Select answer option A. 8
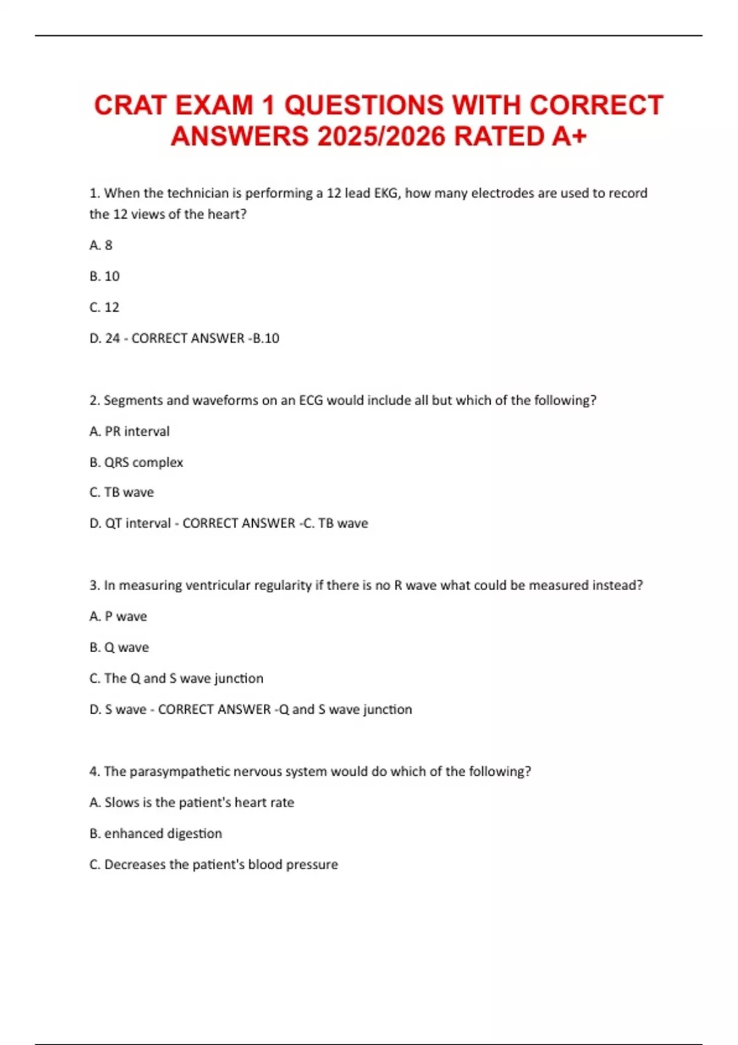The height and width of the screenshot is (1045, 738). point(101,245)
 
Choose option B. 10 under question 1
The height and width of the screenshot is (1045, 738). point(105,276)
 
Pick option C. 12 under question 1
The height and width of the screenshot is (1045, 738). point(105,307)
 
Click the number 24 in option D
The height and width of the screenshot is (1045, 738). point(113,338)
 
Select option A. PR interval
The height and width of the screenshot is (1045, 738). point(129,432)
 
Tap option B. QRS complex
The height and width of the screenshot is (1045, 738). point(136,462)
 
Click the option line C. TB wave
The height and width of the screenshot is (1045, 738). point(122,492)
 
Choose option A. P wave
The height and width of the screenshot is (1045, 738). point(118,617)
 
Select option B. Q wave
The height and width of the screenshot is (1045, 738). point(119,647)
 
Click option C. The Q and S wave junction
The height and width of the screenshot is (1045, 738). point(177,679)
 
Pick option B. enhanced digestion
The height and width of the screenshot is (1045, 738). point(156,834)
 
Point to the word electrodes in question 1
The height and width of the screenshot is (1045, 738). point(502,193)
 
